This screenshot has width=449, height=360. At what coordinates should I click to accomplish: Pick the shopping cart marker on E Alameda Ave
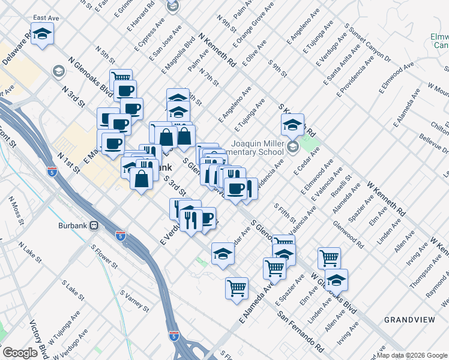(237, 288)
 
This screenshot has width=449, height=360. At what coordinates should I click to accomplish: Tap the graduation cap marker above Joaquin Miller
(292, 125)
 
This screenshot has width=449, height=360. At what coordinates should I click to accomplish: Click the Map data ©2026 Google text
(412, 355)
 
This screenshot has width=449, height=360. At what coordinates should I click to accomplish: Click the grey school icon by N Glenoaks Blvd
(58, 72)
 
